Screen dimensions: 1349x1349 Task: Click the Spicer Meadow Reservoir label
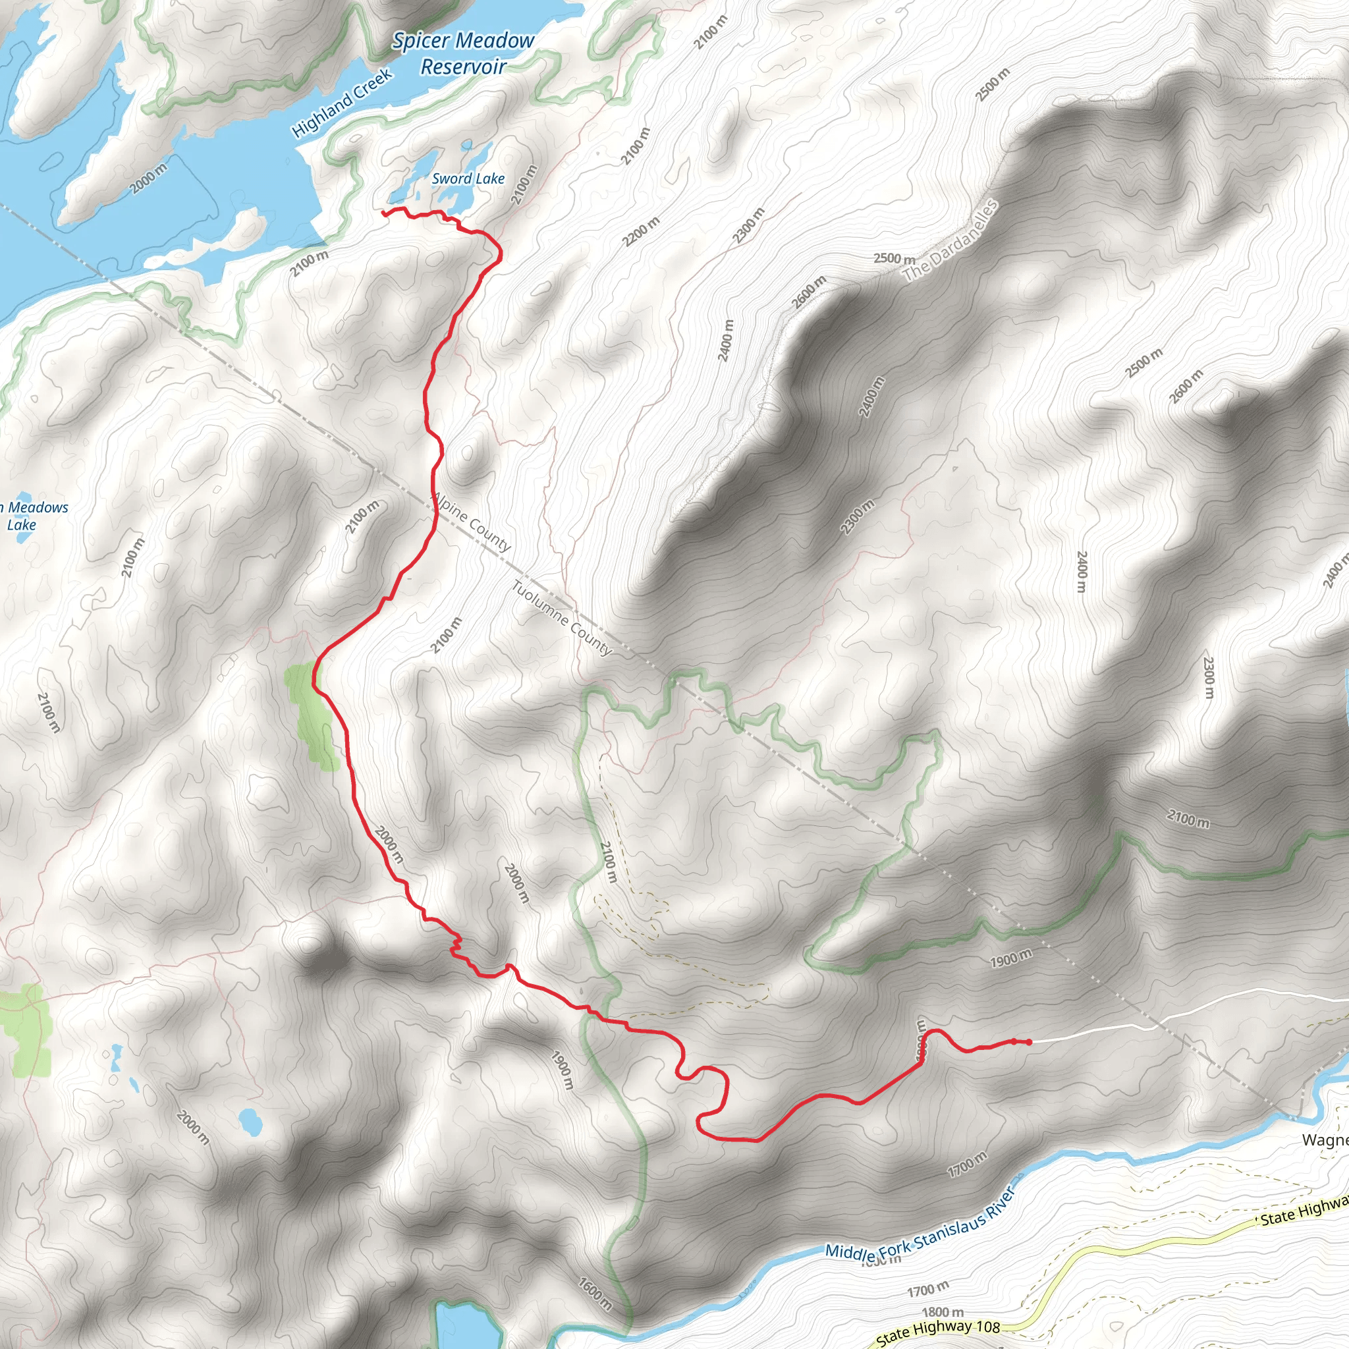tap(463, 54)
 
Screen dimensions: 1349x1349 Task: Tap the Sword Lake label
tap(468, 179)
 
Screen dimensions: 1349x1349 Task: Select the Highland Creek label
tap(341, 103)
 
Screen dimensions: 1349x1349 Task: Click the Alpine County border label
tap(472, 521)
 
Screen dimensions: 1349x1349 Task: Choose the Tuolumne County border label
tap(561, 618)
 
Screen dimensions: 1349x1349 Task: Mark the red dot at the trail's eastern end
tap(1028, 1043)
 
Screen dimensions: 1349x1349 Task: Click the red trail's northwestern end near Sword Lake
tap(384, 211)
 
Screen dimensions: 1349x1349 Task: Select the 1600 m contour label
tap(595, 1293)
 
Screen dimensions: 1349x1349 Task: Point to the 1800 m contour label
tap(943, 1312)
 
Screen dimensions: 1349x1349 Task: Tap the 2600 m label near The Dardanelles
tap(810, 292)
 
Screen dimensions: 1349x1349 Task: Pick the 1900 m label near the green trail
tap(1010, 959)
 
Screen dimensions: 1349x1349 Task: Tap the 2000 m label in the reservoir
tap(149, 178)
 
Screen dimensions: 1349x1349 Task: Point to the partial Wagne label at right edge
tap(1325, 1141)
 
